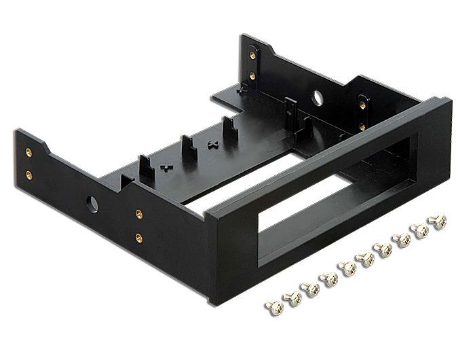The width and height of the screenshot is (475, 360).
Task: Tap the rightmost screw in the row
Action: (x=438, y=221)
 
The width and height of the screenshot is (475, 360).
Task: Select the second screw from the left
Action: (x=293, y=298)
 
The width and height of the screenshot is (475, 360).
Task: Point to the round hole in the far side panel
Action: (x=318, y=98)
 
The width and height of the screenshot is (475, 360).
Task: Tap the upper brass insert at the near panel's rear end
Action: (x=28, y=152)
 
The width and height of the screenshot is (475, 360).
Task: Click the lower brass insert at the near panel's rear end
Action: (x=29, y=175)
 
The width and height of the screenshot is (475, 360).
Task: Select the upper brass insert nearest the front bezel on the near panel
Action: (x=138, y=214)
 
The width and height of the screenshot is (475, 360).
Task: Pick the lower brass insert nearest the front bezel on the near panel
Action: (x=138, y=238)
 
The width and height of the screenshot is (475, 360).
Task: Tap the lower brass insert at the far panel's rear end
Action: (x=252, y=75)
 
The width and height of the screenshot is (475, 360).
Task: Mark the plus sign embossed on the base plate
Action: (x=164, y=165)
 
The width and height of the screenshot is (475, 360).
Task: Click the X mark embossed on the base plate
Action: (x=212, y=145)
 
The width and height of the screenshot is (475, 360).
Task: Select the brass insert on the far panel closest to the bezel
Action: (x=362, y=126)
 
